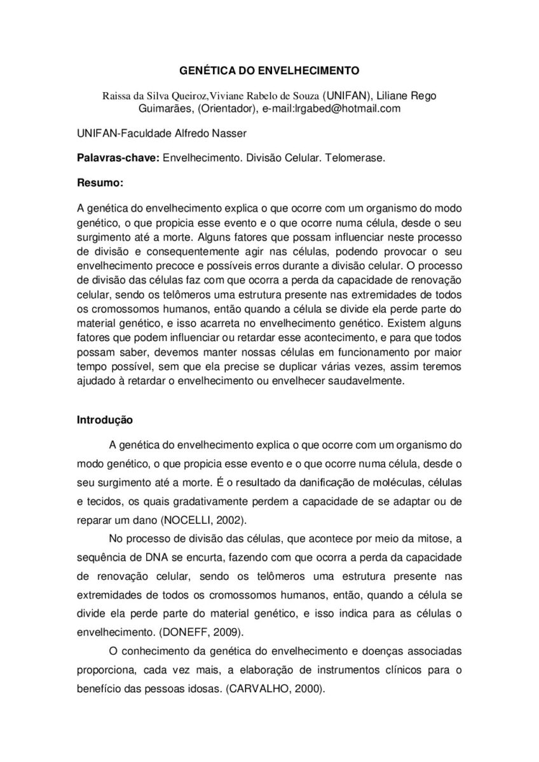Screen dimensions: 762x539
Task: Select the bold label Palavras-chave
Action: click(118, 158)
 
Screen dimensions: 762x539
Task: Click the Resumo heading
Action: click(100, 183)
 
